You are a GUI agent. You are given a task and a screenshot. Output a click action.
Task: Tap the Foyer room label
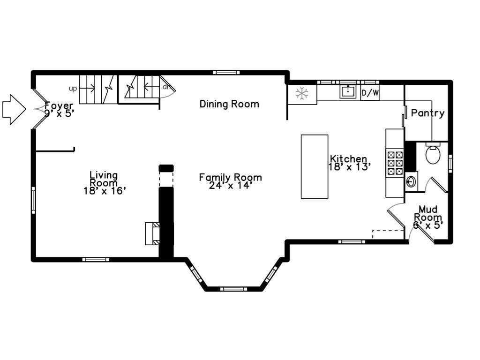(x=59, y=109)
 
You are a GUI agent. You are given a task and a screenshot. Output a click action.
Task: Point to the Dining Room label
(x=229, y=104)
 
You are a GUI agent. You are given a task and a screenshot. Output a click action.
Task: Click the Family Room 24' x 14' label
(x=230, y=181)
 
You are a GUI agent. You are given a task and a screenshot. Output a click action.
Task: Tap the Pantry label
(x=427, y=113)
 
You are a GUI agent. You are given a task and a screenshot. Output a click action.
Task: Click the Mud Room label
(x=428, y=217)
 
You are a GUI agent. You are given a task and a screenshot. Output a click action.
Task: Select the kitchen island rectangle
(x=314, y=166)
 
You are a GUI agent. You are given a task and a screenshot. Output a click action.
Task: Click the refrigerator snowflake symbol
(x=301, y=94)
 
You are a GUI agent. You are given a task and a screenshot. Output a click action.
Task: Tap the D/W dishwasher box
(x=370, y=93)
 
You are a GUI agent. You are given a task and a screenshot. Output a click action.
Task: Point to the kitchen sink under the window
(x=347, y=91)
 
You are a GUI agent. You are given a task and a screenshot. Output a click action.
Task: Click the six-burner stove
(x=394, y=163)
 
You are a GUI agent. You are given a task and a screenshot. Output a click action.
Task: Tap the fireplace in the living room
(x=152, y=233)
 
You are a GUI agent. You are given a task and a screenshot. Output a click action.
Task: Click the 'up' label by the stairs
(x=73, y=88)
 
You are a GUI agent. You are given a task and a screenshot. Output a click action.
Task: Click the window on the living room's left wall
(x=33, y=200)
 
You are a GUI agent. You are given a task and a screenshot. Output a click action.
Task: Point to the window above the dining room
(x=225, y=72)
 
